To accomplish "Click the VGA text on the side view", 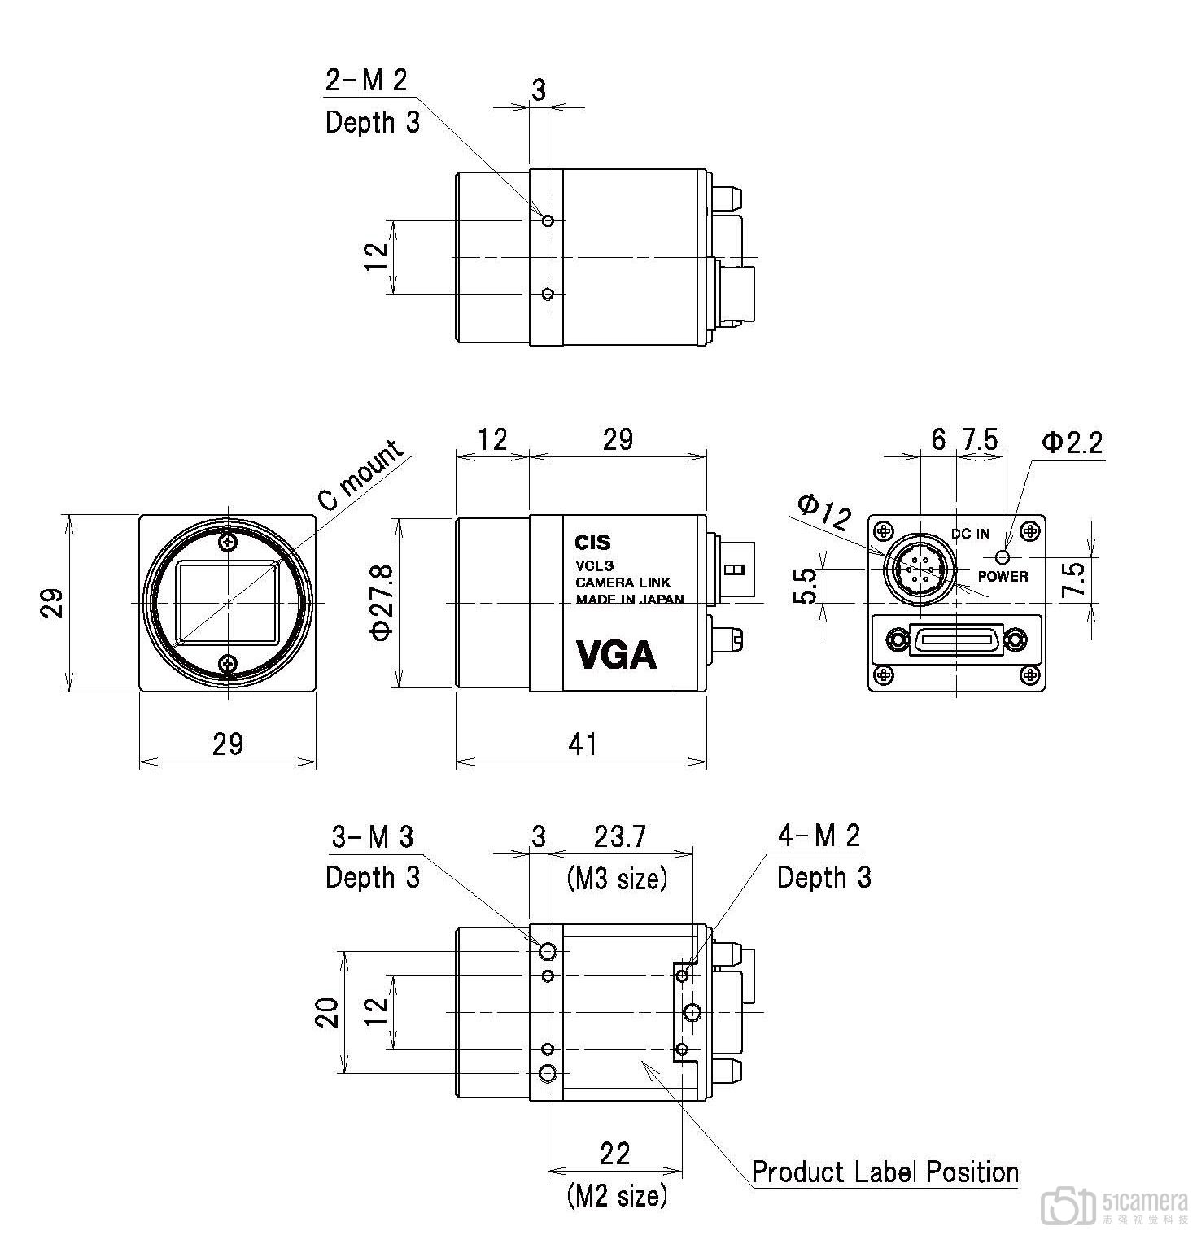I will tap(616, 654).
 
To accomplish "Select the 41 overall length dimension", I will tap(583, 744).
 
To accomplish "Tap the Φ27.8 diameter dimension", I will tap(382, 603).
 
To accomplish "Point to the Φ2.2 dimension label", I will tap(1072, 443).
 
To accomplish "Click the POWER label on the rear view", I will tap(1003, 577).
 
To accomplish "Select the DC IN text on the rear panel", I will tap(970, 534).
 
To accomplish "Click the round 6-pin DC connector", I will tap(920, 570).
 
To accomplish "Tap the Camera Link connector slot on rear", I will tap(955, 640).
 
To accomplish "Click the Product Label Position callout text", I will tap(885, 1172).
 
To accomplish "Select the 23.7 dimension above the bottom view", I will tap(619, 836).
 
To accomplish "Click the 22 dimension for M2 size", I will tap(614, 1154).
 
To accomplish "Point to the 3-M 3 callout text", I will tap(372, 836).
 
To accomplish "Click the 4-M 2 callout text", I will tap(818, 836).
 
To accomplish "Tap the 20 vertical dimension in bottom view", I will tap(327, 1013).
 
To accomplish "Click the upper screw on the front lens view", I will tap(227, 540).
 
